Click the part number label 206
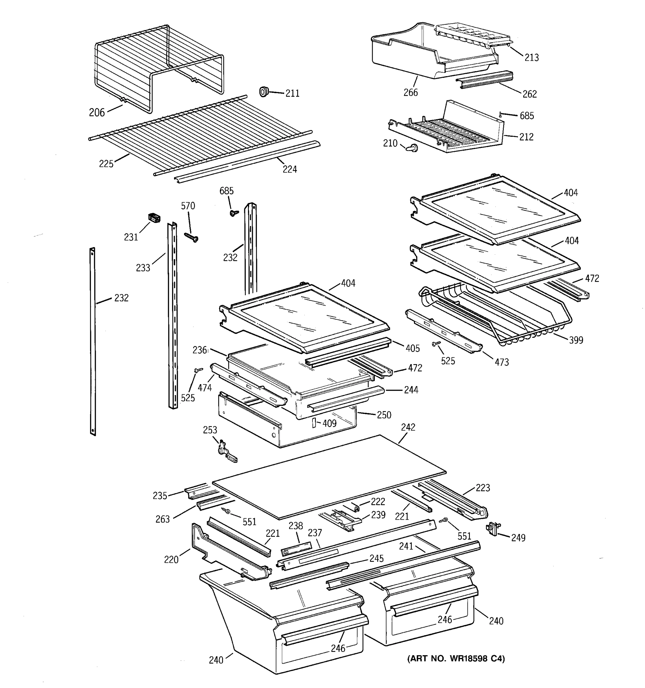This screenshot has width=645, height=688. (x=97, y=112)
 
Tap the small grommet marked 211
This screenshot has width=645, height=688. (x=264, y=92)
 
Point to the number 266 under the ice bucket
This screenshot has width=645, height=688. (x=411, y=92)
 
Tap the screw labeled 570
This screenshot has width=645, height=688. (x=191, y=237)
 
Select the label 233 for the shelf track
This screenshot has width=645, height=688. (x=143, y=267)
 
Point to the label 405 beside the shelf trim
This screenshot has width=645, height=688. (x=413, y=348)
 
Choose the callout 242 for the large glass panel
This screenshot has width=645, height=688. (x=408, y=427)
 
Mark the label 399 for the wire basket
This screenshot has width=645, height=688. (x=576, y=340)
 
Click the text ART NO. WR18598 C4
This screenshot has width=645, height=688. (x=456, y=658)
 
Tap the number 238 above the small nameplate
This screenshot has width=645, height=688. (x=296, y=526)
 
